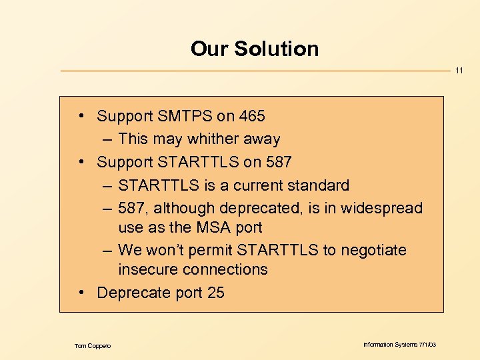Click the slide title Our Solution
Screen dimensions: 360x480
point(255,49)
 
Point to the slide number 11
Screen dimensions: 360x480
point(459,71)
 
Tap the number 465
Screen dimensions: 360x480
point(251,116)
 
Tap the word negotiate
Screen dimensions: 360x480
point(373,250)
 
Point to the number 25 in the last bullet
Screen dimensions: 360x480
point(216,292)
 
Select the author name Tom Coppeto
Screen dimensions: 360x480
point(93,345)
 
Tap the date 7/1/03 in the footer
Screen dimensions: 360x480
point(427,344)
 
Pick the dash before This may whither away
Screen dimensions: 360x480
point(108,139)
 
